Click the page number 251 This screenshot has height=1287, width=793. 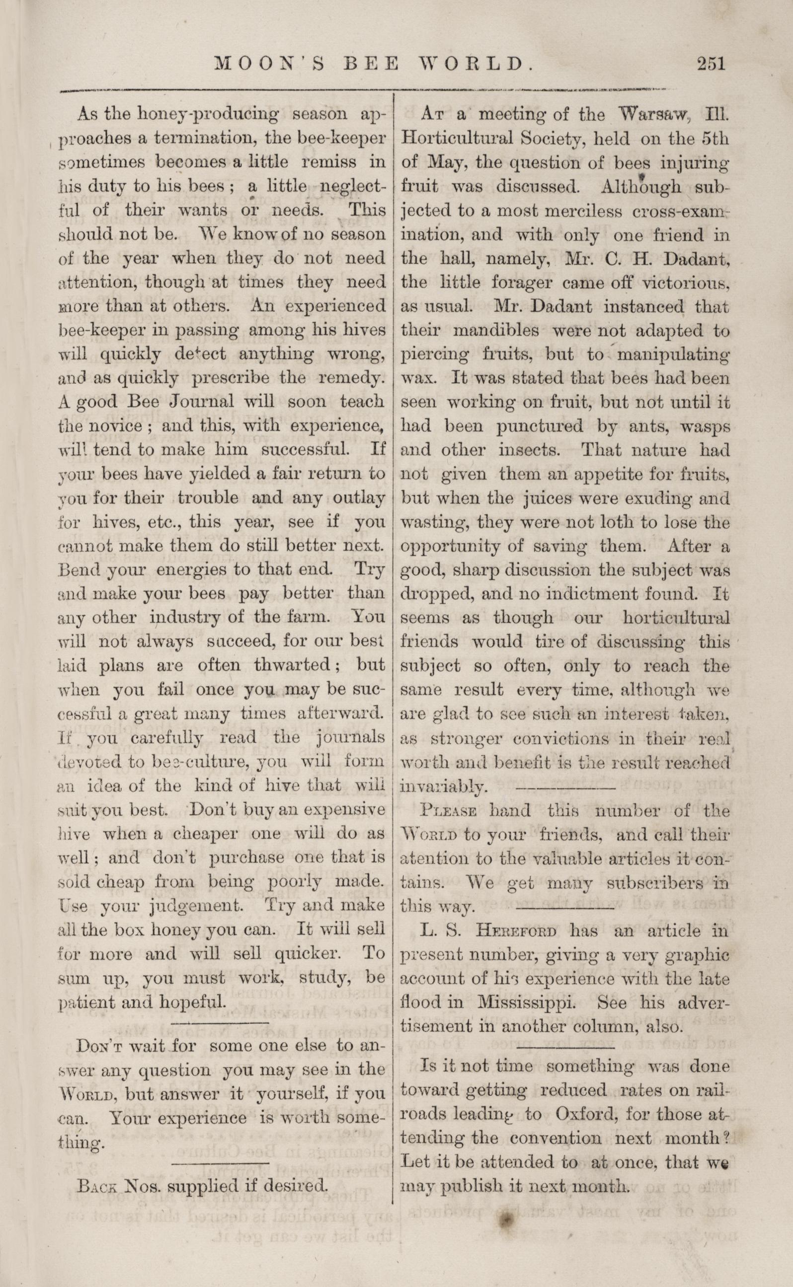coord(710,64)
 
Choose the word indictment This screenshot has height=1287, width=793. coord(598,594)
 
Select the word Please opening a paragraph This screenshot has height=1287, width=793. coord(448,812)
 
